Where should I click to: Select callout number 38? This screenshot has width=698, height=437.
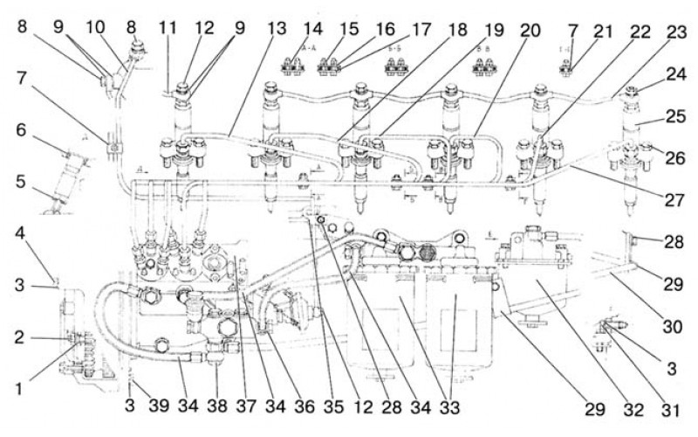click(217, 406)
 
